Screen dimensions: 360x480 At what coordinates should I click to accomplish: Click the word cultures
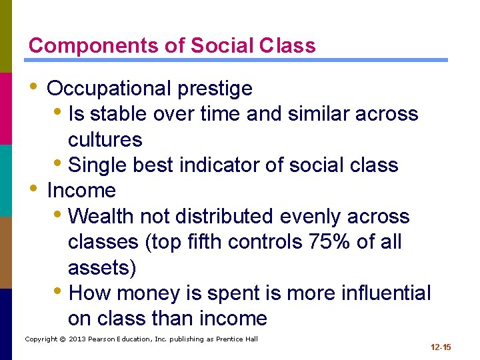tap(105, 139)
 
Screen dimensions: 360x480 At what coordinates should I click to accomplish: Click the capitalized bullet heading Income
tap(81, 191)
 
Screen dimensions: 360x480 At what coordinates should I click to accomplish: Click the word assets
tap(101, 267)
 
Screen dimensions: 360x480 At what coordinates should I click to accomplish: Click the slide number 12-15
tap(441, 347)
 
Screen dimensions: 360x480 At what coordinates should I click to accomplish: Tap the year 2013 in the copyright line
tap(78, 339)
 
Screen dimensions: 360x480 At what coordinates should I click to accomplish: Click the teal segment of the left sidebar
tap(5, 180)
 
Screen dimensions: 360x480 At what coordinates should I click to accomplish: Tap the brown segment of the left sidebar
tap(5, 252)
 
